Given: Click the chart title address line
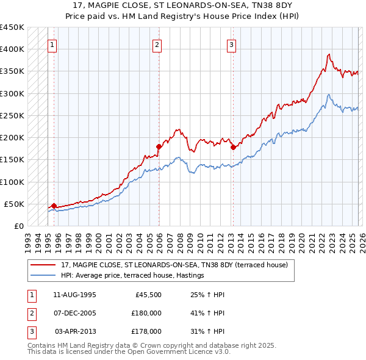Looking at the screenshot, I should point(183,5).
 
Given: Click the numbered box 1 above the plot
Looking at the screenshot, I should point(52,44).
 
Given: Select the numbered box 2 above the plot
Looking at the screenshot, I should point(157,44).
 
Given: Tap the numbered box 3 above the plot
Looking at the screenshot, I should point(232,44).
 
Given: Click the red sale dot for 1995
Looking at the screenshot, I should point(54,206).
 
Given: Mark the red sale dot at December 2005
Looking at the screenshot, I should point(159,146).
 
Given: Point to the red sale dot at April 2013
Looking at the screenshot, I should point(232,147).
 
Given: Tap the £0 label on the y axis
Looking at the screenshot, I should point(18,226).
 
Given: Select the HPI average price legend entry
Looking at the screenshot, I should point(132,276).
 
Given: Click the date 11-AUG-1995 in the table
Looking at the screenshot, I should point(74,295).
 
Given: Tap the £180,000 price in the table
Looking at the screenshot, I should point(146,313).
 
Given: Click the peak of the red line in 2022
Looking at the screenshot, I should point(328,54).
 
